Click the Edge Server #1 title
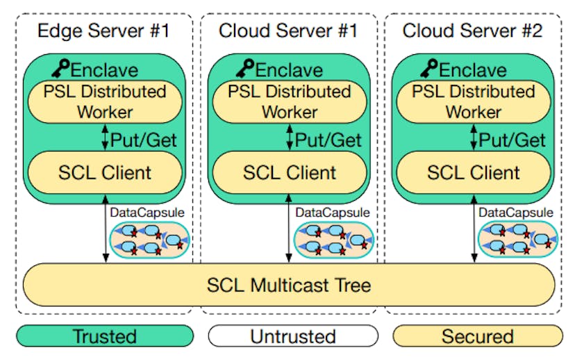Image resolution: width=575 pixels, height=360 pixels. click(x=103, y=31)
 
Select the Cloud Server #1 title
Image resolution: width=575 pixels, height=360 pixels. click(x=288, y=31)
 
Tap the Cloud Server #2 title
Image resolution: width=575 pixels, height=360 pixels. click(x=472, y=31)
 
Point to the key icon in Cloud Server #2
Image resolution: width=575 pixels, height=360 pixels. click(x=428, y=68)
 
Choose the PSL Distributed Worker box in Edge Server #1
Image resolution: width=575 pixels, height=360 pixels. click(x=103, y=101)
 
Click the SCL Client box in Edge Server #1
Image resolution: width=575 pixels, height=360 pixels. click(x=103, y=172)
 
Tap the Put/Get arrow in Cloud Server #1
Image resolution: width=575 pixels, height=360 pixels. click(x=289, y=138)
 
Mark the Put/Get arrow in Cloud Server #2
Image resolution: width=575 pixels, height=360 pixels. click(x=473, y=138)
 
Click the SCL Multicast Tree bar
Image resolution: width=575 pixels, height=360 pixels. click(x=288, y=284)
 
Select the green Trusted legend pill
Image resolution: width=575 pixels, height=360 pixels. click(x=104, y=337)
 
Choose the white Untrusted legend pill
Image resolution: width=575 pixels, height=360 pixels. click(x=292, y=337)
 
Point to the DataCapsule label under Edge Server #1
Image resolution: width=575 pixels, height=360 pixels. click(x=142, y=212)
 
